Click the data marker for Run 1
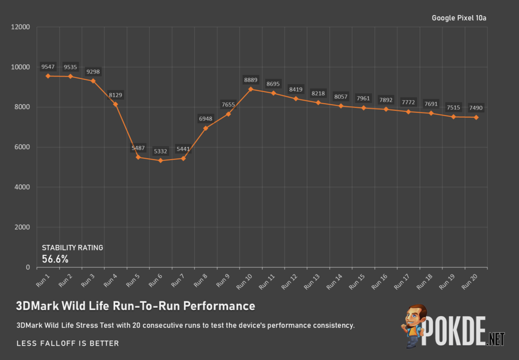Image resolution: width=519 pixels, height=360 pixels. coord(48,76)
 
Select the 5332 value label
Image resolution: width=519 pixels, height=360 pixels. coord(161,151)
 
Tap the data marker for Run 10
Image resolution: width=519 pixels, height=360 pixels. coord(251,89)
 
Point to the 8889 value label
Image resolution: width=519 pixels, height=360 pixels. coord(251,80)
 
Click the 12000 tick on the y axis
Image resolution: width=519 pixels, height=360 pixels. coord(21,27)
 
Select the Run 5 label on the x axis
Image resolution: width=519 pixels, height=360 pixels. coord(133,280)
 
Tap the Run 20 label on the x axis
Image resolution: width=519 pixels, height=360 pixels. coord(470,280)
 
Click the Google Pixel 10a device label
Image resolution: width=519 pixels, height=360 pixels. coord(459,18)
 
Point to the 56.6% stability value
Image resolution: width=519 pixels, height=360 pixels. coord(55,259)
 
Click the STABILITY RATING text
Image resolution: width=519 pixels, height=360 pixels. coord(72,247)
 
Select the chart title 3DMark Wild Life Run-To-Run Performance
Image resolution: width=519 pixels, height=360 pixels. coord(135,306)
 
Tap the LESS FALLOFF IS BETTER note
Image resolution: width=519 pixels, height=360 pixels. coord(67,343)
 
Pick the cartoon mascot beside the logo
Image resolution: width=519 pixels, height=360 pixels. coord(414,327)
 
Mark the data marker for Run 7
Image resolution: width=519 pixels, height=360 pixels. coord(183,158)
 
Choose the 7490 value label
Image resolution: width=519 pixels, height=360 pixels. coord(476,107)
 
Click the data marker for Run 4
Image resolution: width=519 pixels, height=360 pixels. coord(116,104)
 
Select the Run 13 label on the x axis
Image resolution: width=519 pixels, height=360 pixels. coord(312,280)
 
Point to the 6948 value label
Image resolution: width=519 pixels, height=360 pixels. coord(206,119)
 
